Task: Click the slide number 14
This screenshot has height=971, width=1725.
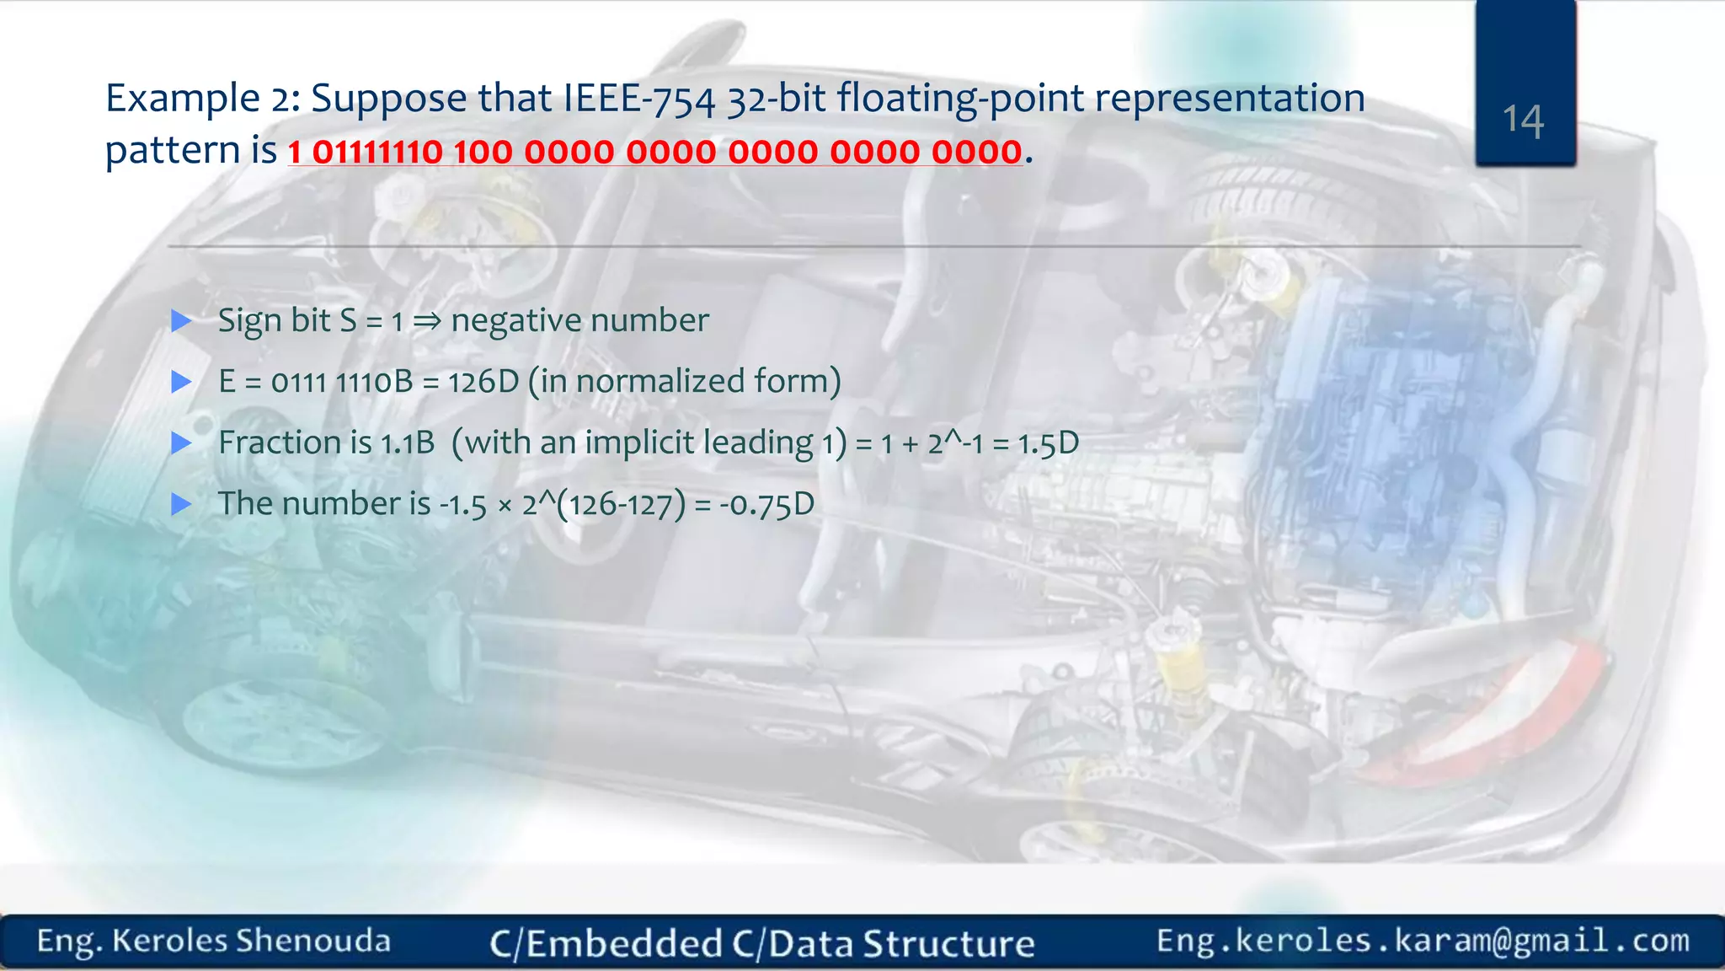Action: (x=1523, y=121)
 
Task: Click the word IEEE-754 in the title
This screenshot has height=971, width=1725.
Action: (x=638, y=99)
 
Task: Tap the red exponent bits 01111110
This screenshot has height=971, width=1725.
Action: (x=377, y=153)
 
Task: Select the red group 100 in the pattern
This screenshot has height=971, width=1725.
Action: (x=483, y=153)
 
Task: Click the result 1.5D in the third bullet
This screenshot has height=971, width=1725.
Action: (x=1048, y=443)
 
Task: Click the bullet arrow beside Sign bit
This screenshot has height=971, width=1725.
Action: (x=181, y=321)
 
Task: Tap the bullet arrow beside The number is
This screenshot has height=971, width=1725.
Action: (x=181, y=505)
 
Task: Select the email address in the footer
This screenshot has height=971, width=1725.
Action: (x=1423, y=941)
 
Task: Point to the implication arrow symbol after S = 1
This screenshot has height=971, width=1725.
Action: (x=426, y=321)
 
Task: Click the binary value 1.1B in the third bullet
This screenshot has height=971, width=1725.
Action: (x=407, y=443)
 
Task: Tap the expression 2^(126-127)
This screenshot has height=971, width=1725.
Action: (x=603, y=505)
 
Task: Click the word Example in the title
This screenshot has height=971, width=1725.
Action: (x=182, y=99)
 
